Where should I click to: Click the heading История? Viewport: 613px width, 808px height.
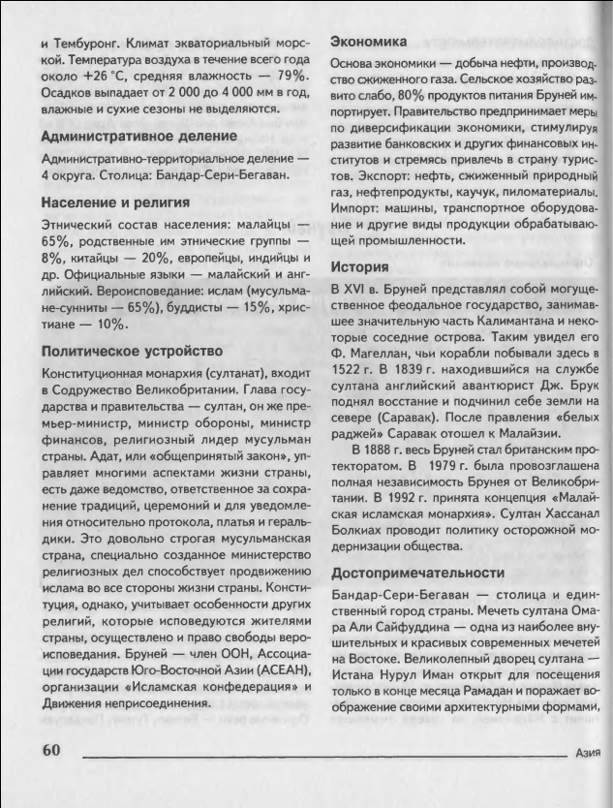tap(359, 266)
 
